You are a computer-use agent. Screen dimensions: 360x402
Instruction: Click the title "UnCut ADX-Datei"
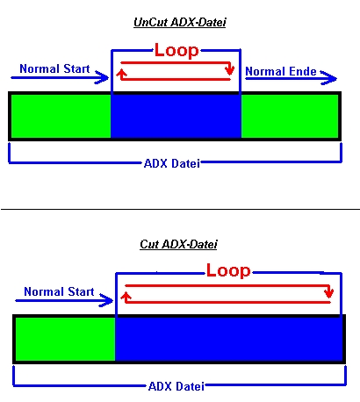180,23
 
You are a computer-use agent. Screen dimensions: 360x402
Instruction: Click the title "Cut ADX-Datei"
178,244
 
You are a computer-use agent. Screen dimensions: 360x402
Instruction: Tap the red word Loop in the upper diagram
176,51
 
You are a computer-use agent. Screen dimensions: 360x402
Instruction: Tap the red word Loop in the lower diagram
228,271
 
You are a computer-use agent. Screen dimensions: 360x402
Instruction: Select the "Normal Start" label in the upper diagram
54,68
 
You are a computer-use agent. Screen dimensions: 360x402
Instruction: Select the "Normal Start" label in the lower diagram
59,291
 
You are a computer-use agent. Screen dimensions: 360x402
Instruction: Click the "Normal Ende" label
281,71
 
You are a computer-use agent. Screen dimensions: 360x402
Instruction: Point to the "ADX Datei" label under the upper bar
172,163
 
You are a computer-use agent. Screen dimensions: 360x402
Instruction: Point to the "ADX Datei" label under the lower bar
176,386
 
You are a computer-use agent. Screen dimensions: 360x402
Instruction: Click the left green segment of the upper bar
61,116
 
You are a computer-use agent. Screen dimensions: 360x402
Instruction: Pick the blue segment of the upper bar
176,116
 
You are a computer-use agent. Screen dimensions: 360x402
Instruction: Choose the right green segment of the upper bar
290,116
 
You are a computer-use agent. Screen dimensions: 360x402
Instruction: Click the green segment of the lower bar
65,339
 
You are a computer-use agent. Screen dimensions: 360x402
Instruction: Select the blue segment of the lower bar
229,339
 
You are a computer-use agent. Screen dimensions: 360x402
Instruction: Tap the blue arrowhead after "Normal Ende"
329,77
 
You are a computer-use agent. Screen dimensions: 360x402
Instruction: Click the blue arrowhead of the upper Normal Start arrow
102,77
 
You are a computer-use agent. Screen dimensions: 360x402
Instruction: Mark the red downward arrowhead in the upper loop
230,70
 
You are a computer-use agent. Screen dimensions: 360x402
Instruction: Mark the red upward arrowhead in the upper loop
121,74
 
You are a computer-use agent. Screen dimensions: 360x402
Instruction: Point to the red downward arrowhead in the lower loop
329,293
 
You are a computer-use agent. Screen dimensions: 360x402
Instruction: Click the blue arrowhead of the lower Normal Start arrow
106,300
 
